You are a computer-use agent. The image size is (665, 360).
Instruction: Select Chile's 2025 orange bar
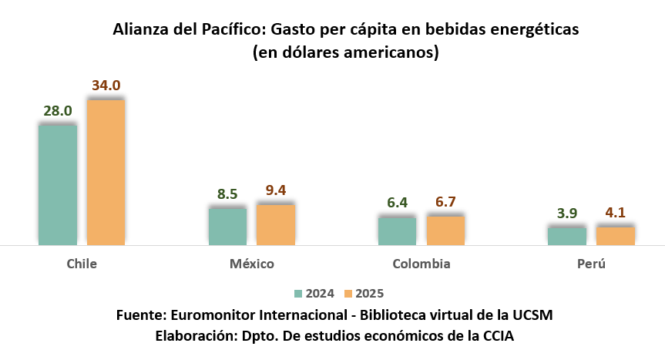click(x=106, y=172)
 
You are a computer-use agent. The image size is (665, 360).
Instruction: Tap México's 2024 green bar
click(x=227, y=227)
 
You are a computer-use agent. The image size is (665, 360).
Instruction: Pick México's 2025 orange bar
click(x=276, y=224)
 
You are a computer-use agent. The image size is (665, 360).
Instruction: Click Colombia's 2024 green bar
click(x=397, y=231)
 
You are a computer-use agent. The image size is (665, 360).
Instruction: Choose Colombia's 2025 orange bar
click(x=445, y=230)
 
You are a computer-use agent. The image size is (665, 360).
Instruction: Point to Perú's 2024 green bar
click(x=566, y=236)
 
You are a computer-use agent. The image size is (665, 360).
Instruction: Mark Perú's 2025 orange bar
click(x=615, y=236)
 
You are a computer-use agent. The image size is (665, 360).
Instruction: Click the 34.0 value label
click(x=106, y=86)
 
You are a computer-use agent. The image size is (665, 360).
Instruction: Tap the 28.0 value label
click(x=58, y=111)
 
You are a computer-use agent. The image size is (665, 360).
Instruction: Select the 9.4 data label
click(x=276, y=190)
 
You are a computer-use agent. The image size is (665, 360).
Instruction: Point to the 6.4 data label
click(x=397, y=203)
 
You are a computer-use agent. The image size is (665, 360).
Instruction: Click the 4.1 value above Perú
click(x=615, y=212)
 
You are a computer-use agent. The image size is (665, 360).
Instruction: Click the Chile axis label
click(x=82, y=264)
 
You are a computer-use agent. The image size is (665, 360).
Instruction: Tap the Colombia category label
click(x=422, y=264)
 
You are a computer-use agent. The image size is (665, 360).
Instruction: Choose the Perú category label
click(x=591, y=264)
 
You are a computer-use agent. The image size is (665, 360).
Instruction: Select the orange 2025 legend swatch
click(x=348, y=293)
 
